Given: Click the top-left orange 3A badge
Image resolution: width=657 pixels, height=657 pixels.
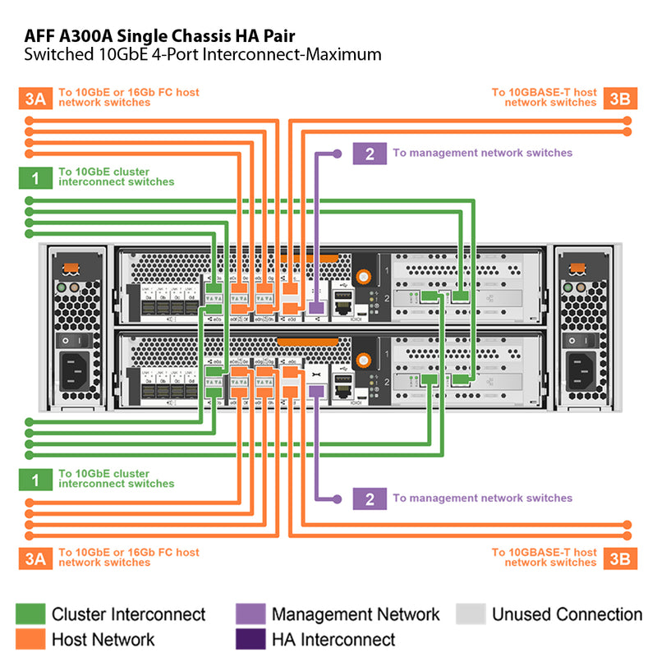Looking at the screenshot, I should (x=34, y=99).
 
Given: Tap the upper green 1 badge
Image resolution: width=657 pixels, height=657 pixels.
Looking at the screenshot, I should (x=34, y=177).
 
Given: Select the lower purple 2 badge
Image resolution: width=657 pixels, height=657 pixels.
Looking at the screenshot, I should (x=370, y=498).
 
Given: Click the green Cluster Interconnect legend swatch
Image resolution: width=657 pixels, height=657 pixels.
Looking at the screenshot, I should (x=30, y=614).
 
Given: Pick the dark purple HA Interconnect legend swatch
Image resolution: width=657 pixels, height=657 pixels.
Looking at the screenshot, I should (x=250, y=639).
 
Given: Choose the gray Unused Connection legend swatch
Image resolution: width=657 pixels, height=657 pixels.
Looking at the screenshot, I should (x=471, y=614).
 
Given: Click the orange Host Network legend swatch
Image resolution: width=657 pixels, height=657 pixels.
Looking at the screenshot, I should (x=30, y=639).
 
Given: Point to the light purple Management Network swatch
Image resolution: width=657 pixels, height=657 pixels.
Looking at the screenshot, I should (x=250, y=614).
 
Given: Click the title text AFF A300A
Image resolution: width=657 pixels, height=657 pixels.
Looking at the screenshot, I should (x=79, y=35).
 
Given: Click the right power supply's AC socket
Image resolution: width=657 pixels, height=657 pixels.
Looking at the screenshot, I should (x=581, y=370).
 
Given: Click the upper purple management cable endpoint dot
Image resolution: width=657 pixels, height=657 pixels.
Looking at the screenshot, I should (x=337, y=154).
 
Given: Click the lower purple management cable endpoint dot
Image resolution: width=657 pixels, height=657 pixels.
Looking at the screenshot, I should (x=337, y=498).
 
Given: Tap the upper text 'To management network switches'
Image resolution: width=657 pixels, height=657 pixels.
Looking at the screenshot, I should (x=482, y=153).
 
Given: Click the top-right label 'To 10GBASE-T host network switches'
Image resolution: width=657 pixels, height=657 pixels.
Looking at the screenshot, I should (x=544, y=98).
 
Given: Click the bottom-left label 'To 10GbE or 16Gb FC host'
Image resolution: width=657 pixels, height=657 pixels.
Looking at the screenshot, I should (x=128, y=553).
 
